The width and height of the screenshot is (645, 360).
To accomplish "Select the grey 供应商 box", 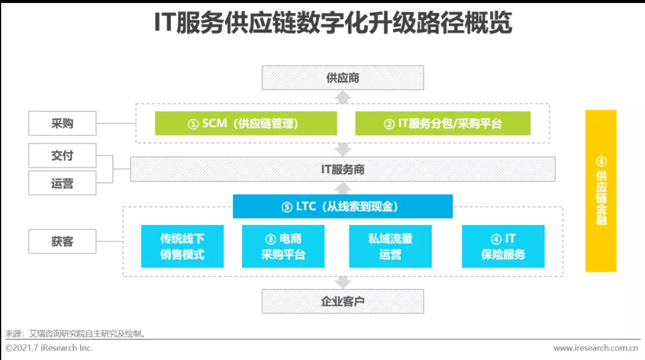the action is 342,78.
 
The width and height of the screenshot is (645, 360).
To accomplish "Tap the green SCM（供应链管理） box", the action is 245,124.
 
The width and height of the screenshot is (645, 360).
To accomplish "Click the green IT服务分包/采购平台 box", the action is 443,124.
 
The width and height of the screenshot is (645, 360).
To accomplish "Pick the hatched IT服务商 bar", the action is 342,170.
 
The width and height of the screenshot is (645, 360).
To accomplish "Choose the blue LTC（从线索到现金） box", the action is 342,207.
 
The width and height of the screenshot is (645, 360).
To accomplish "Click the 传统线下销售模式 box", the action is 182,246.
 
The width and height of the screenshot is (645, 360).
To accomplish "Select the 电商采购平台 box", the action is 283,246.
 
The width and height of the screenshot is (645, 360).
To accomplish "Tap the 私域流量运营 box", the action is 391,246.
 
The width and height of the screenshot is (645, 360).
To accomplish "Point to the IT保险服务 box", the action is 503,246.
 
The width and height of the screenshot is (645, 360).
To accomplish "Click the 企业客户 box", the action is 342,301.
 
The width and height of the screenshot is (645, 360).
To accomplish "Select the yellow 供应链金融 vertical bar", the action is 600,190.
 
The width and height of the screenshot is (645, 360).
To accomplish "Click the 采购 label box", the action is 62,124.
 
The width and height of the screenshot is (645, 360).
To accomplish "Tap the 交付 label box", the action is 62,156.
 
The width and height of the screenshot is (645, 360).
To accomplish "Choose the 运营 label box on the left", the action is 62,183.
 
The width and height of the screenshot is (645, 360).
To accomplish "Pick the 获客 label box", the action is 62,242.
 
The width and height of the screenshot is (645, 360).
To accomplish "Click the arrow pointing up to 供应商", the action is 342,97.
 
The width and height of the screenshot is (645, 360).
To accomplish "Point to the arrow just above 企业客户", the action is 342,282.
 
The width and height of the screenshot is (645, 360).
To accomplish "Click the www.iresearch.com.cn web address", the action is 595,348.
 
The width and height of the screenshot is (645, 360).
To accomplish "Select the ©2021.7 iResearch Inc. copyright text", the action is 49,348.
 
